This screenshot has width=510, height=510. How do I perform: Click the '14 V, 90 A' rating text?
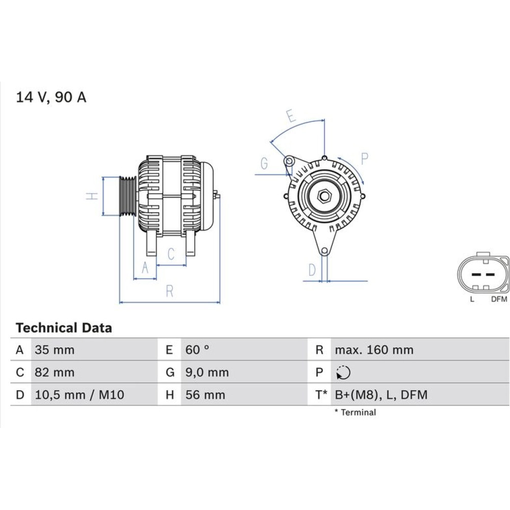point(51,97)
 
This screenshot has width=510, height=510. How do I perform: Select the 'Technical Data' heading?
point(64,327)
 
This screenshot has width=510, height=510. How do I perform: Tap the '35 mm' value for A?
point(55,350)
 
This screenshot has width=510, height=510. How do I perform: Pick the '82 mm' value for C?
point(55,372)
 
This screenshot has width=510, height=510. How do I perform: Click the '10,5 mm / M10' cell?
point(80,395)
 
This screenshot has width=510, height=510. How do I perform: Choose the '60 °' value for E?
point(197,350)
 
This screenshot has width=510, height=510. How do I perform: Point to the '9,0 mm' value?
point(207,372)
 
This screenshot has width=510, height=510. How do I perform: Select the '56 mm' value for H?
point(205,395)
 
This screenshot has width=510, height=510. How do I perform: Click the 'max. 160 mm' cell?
point(374,350)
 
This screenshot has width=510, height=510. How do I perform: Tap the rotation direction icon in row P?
point(343,372)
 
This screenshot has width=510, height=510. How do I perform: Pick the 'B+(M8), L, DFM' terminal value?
point(381,395)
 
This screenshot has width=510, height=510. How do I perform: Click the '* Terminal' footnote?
point(355,412)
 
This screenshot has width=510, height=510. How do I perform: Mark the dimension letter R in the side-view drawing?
point(169,291)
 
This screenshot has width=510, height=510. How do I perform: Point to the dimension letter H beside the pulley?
point(92,196)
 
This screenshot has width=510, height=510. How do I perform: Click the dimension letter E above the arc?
point(291,116)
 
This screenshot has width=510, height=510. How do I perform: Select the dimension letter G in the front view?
point(264,163)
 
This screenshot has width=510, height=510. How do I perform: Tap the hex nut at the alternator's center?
point(324,196)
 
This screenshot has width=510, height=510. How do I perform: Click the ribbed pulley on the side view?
point(127,196)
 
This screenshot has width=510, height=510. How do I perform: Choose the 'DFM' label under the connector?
point(499,299)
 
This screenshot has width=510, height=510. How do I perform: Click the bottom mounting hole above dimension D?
point(324,251)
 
